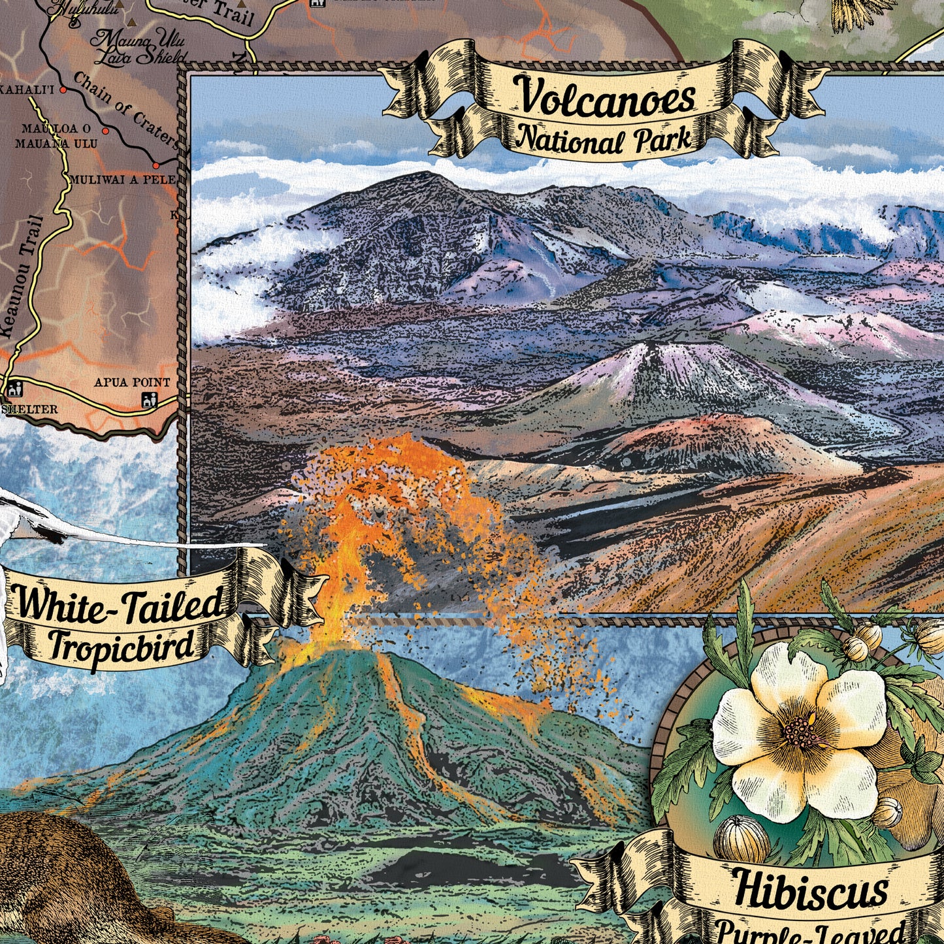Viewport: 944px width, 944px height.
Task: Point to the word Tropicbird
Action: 122,645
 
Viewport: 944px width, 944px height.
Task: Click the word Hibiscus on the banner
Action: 810,889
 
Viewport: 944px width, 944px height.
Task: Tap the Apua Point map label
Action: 132,382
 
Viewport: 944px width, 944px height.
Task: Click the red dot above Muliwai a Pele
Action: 156,162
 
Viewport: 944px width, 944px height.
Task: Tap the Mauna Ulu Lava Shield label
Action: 138,48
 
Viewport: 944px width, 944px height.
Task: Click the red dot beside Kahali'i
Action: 63,89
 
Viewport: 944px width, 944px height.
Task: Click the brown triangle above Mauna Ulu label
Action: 133,22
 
